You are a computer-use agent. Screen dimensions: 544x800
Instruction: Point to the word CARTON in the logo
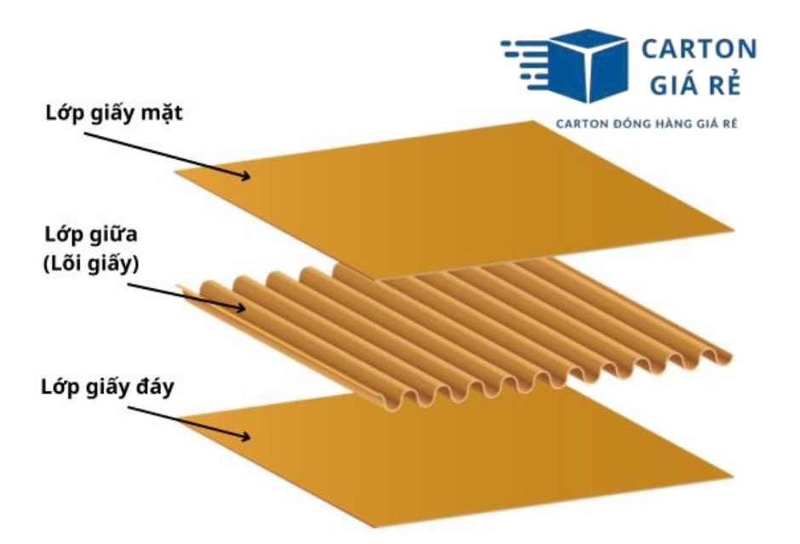coord(698,48)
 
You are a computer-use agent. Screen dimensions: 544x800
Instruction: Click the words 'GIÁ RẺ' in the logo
coord(698,86)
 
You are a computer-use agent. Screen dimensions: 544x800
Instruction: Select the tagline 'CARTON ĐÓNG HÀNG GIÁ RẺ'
coord(646,124)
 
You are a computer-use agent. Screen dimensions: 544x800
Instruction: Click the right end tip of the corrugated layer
coord(729,352)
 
